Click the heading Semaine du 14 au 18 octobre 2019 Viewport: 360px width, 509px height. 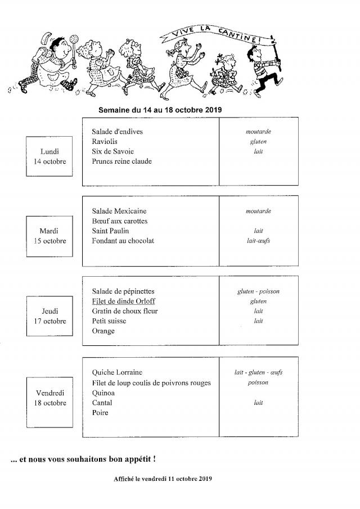(x=160, y=110)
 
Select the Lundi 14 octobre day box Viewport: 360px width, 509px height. (x=49, y=156)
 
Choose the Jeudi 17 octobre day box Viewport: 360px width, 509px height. (x=49, y=316)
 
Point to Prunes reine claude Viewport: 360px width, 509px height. (x=121, y=161)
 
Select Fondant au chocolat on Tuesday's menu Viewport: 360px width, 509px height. (x=123, y=241)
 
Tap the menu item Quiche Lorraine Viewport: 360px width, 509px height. (x=117, y=372)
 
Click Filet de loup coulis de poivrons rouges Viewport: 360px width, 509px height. (x=151, y=383)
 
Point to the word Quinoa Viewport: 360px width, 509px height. (x=103, y=393)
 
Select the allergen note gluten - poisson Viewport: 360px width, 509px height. (x=258, y=292)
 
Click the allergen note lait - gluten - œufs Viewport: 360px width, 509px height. (x=258, y=372)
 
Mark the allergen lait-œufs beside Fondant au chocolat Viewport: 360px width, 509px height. (x=258, y=241)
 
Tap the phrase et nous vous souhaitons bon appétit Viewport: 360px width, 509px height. (x=83, y=459)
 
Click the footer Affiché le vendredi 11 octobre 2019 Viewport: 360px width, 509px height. (x=163, y=479)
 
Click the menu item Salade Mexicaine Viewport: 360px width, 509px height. (x=118, y=211)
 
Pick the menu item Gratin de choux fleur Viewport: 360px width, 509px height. (x=124, y=311)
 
